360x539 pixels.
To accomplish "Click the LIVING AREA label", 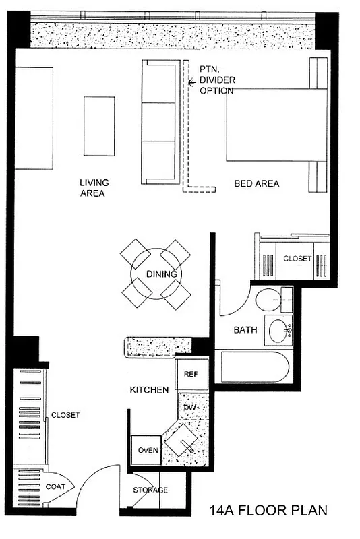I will [x=94, y=187].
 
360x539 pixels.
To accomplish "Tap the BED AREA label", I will [x=256, y=183].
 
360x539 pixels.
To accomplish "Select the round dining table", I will [x=161, y=274].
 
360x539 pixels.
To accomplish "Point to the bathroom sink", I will [x=279, y=331].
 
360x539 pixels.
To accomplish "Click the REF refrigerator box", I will [x=191, y=374].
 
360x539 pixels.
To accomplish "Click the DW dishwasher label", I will [x=189, y=407].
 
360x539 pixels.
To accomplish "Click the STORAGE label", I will [x=150, y=490].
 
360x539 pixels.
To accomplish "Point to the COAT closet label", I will [x=55, y=486].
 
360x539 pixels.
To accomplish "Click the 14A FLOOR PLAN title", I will [x=268, y=510].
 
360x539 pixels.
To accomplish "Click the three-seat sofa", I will [x=158, y=122].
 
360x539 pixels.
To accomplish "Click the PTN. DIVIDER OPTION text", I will [x=216, y=80].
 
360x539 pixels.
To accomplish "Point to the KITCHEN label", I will [x=149, y=390].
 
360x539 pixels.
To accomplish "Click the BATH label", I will [x=244, y=330].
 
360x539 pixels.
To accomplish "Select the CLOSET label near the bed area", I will [x=297, y=259].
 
